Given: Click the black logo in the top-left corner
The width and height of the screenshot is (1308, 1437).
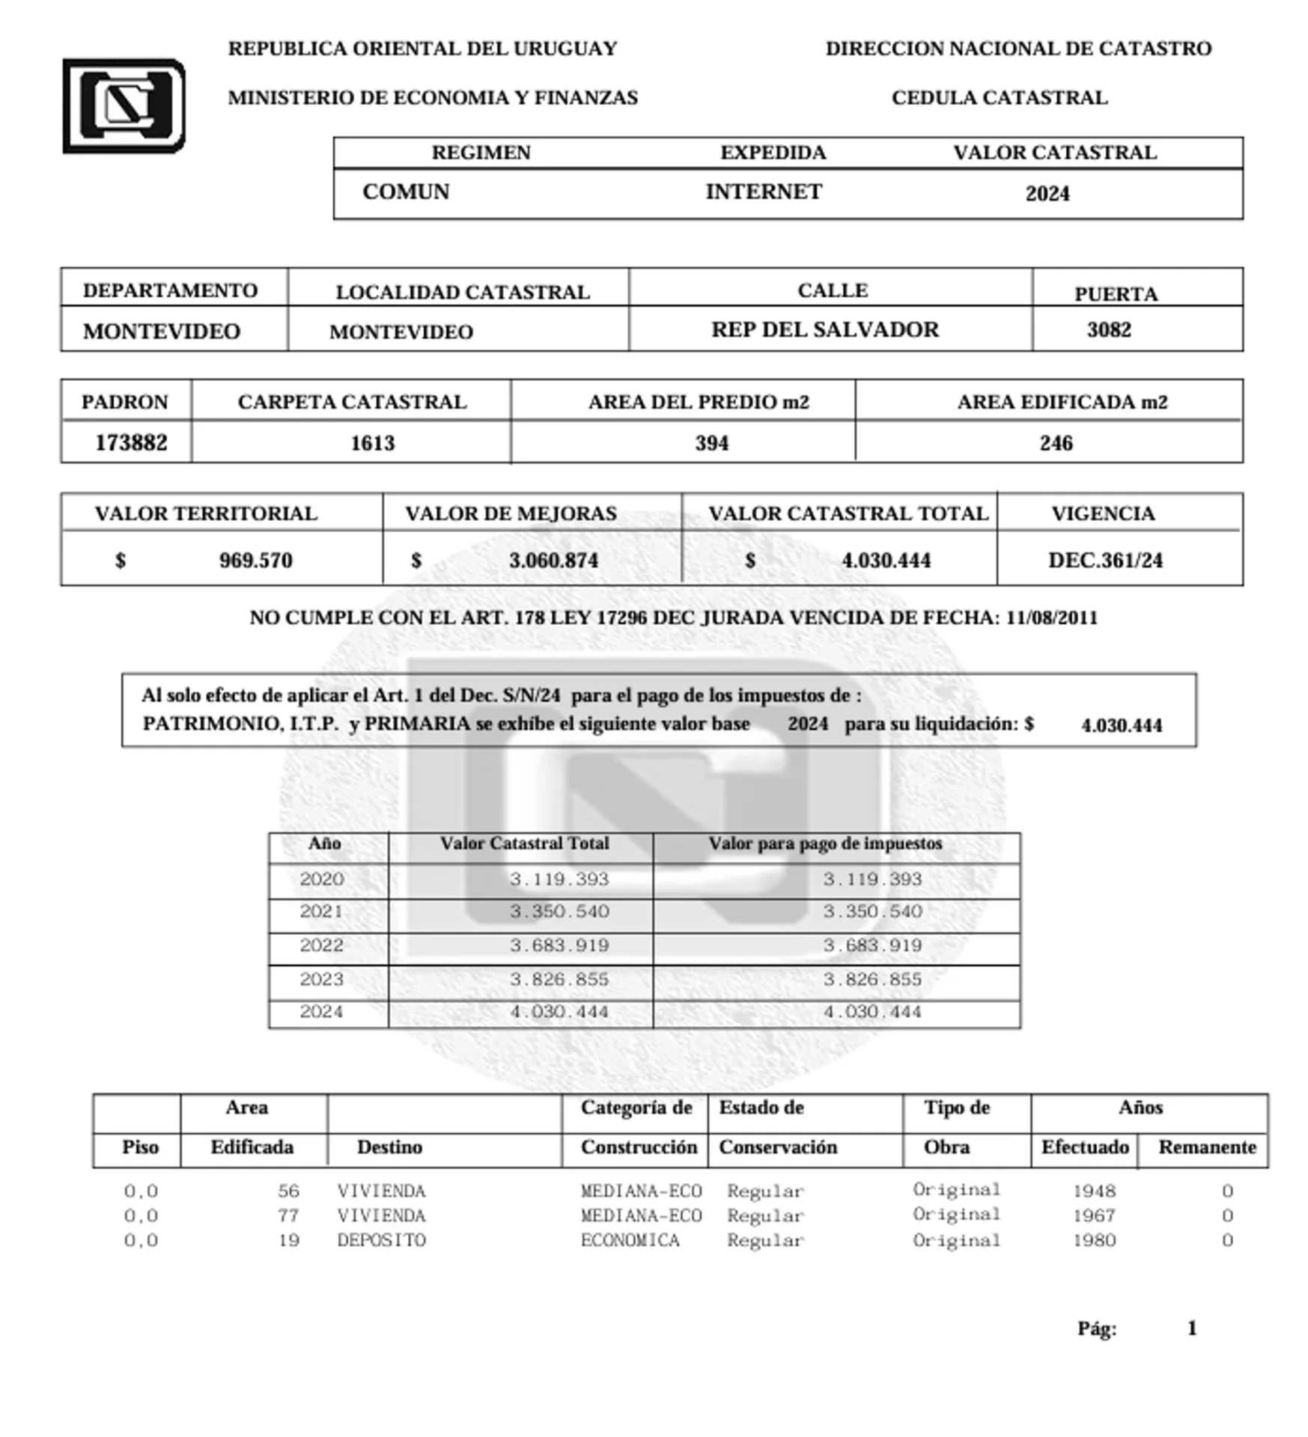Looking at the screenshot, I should click(124, 106).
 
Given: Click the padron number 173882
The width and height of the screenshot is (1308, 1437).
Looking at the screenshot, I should click(131, 442).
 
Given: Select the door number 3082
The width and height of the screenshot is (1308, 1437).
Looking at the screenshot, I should click(1108, 329).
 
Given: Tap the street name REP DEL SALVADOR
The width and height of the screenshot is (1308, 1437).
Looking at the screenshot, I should click(824, 329).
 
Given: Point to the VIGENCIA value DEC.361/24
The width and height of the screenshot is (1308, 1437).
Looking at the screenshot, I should click(1105, 560).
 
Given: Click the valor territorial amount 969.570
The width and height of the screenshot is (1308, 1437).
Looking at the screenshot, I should click(255, 560).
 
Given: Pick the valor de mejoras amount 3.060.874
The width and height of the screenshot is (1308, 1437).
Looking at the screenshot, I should click(553, 560).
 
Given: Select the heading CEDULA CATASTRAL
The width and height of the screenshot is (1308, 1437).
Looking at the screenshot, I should click(1000, 98).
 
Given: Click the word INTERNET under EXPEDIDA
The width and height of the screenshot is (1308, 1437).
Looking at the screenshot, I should click(764, 192).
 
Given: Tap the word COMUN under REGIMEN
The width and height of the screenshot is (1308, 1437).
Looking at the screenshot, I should click(406, 192).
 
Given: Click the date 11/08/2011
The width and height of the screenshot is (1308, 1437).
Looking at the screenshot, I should click(1051, 617).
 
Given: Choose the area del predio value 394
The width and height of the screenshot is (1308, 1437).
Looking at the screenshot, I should click(711, 443).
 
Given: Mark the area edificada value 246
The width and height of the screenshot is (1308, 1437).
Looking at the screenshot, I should click(1056, 443).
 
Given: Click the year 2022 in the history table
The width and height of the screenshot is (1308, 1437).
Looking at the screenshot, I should click(321, 945).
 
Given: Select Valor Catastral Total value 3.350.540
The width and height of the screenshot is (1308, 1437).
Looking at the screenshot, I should click(559, 911).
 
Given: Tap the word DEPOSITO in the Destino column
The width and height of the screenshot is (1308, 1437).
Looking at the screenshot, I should click(381, 1240).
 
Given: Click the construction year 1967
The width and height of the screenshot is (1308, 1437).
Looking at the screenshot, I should click(1094, 1215).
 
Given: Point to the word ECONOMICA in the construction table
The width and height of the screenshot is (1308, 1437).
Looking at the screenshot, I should click(630, 1240).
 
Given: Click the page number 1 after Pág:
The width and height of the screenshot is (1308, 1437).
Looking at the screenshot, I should click(1191, 1328).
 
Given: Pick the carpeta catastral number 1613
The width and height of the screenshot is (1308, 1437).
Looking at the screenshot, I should click(372, 443).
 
